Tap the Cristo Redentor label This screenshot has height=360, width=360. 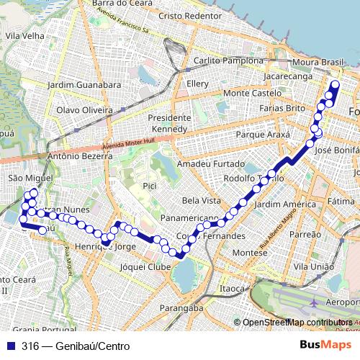click(190, 15)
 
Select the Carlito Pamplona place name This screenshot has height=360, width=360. click(224, 61)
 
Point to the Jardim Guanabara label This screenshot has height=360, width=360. click(84, 84)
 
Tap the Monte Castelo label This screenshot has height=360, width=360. click(252, 93)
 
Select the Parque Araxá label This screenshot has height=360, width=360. click(263, 135)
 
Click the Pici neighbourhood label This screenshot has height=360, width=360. click(150, 186)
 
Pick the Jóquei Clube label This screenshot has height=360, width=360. click(145, 266)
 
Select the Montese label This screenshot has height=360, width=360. click(250, 253)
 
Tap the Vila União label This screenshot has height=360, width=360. click(311, 266)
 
